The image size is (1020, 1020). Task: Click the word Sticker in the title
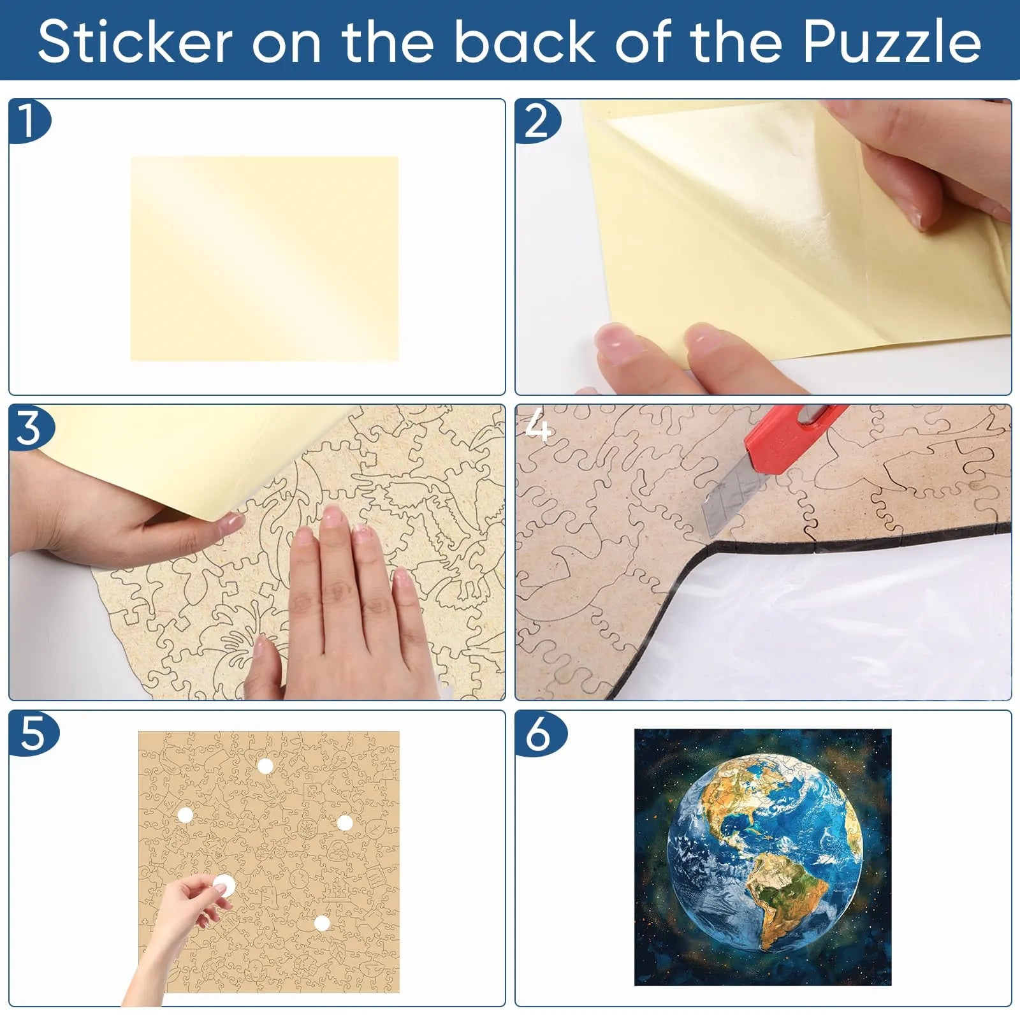click(135, 43)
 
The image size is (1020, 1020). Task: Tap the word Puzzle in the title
click(892, 43)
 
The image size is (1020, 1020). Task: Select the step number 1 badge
click(28, 121)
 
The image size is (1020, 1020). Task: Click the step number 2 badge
click(537, 121)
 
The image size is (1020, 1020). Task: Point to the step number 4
click(537, 427)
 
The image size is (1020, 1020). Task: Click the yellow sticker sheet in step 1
click(265, 259)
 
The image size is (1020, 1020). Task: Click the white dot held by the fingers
click(223, 885)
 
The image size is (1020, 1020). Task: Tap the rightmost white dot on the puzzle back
click(345, 822)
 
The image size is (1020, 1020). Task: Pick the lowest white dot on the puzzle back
click(322, 922)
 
